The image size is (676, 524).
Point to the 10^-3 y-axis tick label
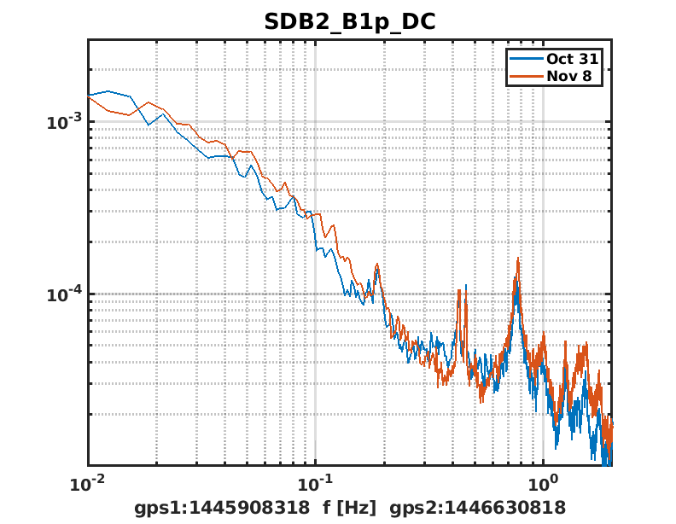tap(64, 122)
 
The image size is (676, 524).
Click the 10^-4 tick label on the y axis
tap(64, 294)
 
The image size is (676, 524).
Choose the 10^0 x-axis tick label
tap(543, 483)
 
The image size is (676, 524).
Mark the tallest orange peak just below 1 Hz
tap(517, 259)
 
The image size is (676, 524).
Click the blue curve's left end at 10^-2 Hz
tap(89, 95)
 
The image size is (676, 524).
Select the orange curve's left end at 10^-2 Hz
tap(89, 96)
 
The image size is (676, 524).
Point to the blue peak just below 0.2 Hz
tap(376, 271)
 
